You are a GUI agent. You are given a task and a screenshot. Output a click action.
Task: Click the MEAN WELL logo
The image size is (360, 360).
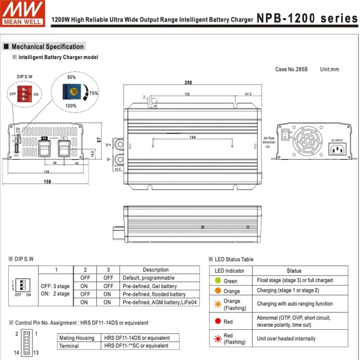[x=23, y=13]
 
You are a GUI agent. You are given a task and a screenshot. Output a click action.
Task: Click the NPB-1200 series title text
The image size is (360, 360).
[x=307, y=19]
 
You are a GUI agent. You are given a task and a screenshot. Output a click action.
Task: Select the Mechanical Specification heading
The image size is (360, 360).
[x=47, y=47]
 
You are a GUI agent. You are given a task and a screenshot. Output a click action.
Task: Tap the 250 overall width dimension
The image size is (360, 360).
[x=189, y=83]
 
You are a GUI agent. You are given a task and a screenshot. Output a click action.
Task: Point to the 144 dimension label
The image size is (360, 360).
[x=192, y=137]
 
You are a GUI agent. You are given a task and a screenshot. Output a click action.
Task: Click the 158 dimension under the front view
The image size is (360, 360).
[x=48, y=182]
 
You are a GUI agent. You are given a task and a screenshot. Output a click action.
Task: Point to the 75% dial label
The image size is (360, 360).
[x=94, y=94]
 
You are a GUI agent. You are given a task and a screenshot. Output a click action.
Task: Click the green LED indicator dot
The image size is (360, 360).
[x=218, y=281]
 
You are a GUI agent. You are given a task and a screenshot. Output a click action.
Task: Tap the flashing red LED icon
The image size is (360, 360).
[x=218, y=338]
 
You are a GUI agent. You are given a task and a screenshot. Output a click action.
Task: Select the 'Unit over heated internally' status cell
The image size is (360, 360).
[x=286, y=338]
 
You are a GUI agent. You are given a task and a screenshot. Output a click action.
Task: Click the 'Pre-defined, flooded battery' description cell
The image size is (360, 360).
[x=154, y=294]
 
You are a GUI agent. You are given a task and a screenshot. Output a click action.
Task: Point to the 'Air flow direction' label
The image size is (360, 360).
[x=269, y=140]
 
